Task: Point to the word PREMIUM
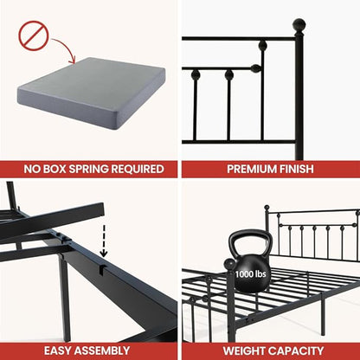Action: click(251, 169)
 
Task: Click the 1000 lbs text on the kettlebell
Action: click(250, 273)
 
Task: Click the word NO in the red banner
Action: click(30, 169)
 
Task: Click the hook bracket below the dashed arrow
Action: click(103, 267)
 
